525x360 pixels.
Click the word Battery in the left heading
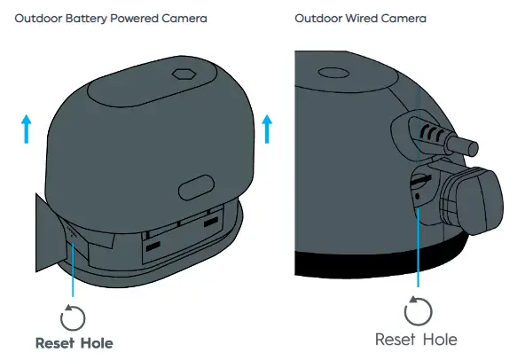86,19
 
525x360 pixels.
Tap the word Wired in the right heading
361,19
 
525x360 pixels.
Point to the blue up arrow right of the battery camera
267,129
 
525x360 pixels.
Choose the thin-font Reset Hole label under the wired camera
416,340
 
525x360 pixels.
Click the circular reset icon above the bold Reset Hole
72,317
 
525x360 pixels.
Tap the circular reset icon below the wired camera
417,310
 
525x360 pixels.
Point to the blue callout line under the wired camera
417,248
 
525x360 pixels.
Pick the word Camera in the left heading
185,19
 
